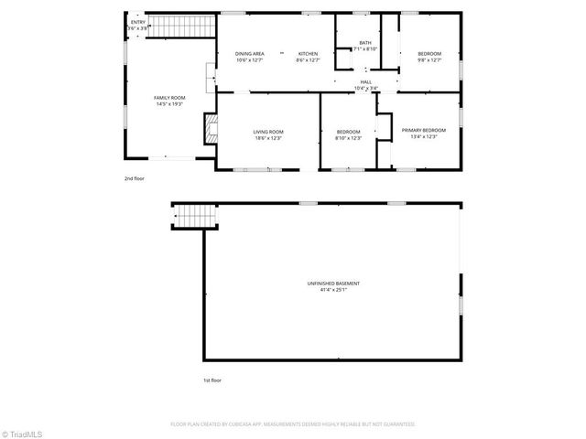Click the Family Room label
click(169, 97)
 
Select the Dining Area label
click(249, 54)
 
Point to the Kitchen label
click(308, 54)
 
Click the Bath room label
click(365, 42)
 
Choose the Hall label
click(365, 82)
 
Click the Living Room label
click(268, 132)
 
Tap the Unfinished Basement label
click(332, 284)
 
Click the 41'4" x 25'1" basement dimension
click(332, 291)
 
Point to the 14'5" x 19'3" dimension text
click(169, 103)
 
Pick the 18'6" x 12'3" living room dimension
click(268, 138)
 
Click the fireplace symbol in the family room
click(212, 126)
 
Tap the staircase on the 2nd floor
click(179, 27)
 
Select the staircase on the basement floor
click(192, 217)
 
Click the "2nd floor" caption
click(135, 178)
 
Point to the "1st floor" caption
click(212, 380)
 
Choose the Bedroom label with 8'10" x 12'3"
click(349, 132)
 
